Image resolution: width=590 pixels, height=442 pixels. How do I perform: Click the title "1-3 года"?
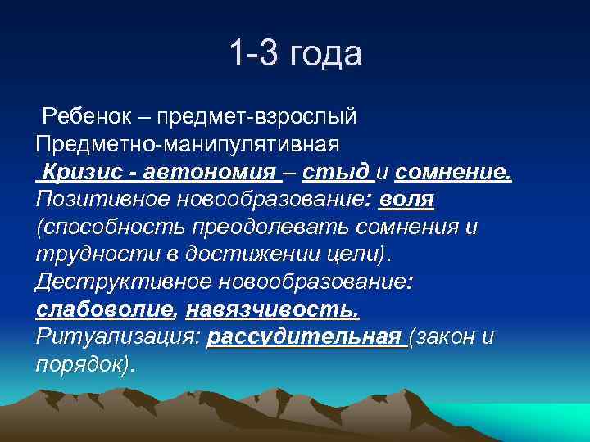(295, 55)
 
